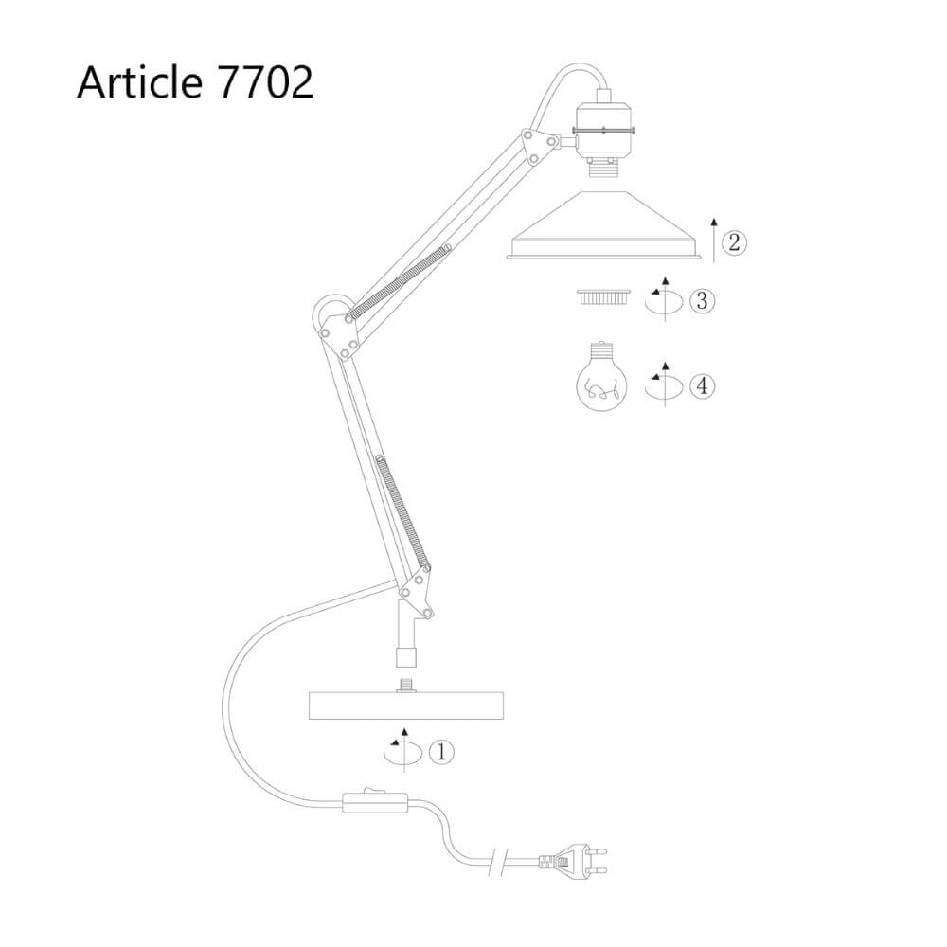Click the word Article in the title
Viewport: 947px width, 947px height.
tap(138, 83)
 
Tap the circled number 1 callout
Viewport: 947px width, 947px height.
tap(441, 752)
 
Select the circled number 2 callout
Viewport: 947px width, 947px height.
tap(734, 242)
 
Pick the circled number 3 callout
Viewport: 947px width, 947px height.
tap(702, 302)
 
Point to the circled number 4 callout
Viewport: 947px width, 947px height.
tap(702, 385)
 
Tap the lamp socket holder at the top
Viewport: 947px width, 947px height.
tap(602, 133)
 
